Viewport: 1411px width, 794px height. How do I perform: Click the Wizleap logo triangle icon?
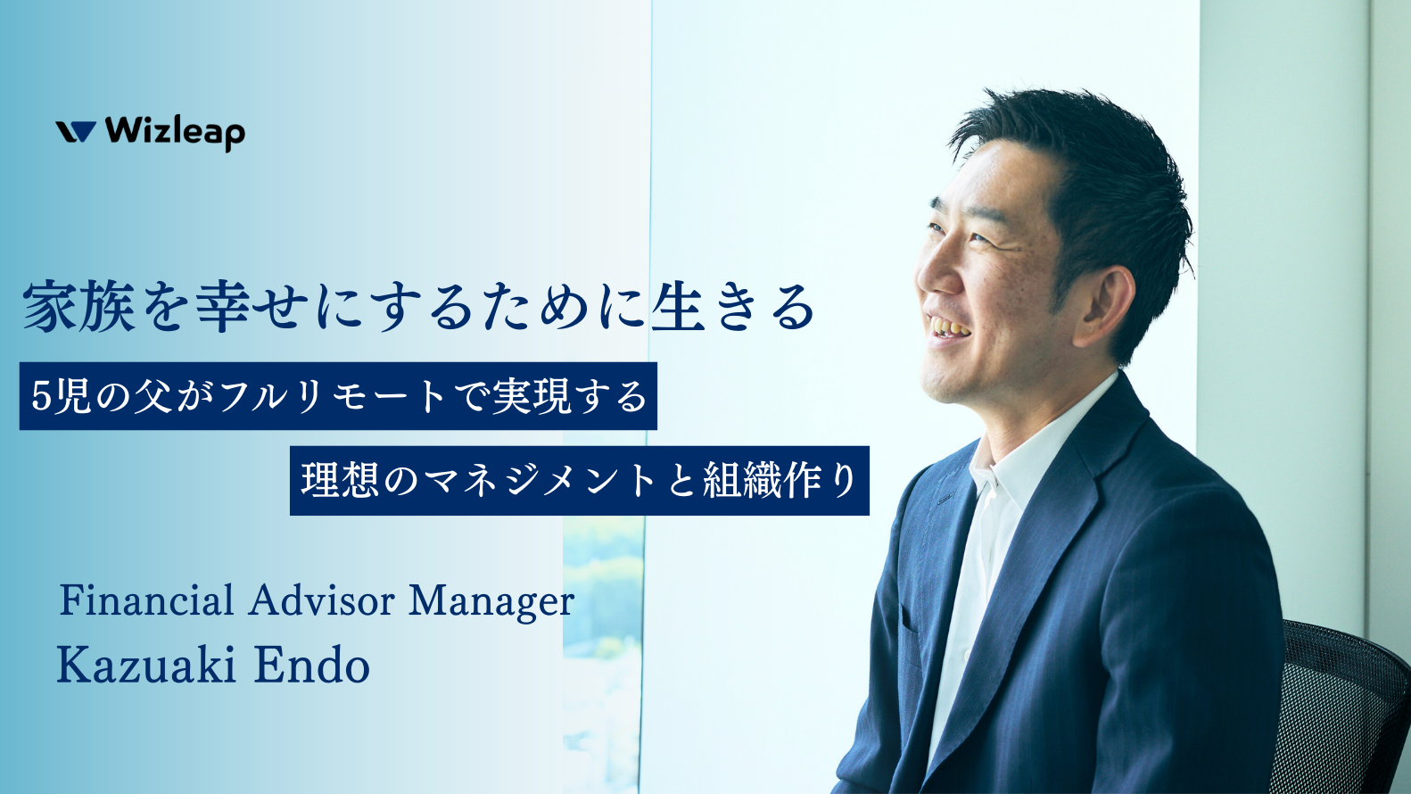(76, 132)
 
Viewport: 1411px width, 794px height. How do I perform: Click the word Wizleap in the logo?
(175, 132)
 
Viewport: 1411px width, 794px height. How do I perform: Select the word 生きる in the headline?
(733, 307)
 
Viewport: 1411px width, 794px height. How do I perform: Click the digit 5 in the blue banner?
(41, 396)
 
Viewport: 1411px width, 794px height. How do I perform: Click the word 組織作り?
(780, 481)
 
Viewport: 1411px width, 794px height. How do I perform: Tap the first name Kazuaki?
(146, 666)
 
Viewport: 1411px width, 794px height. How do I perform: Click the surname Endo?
(311, 666)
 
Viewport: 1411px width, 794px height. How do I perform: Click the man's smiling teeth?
(948, 329)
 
